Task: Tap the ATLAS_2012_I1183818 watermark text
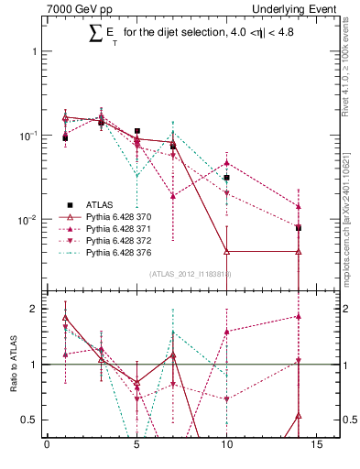[x=191, y=274]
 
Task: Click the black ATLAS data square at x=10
[x=226, y=178]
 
